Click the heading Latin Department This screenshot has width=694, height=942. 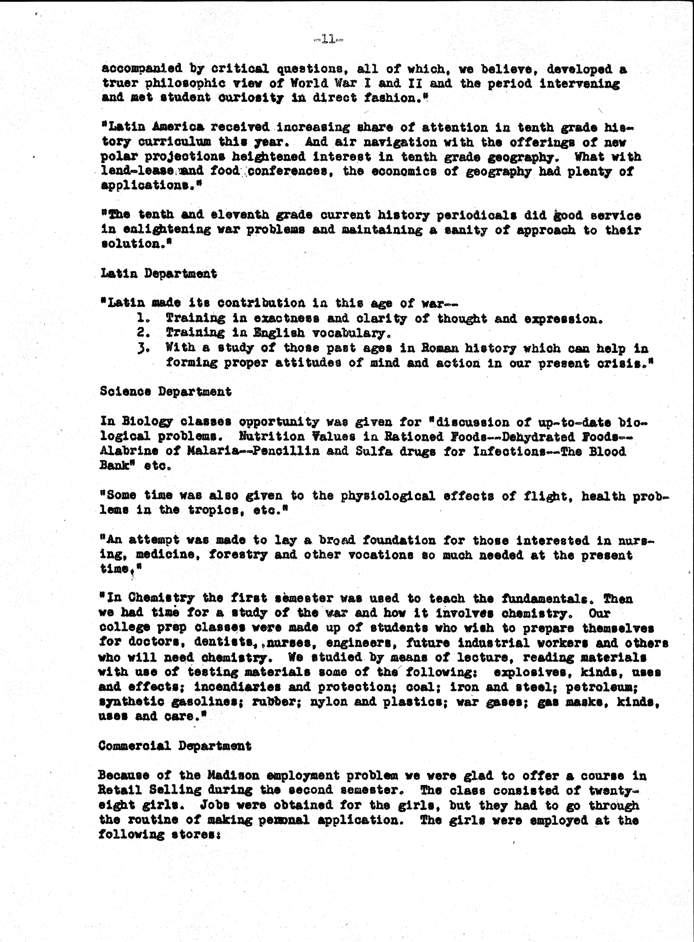click(159, 274)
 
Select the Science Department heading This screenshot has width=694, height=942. click(166, 392)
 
